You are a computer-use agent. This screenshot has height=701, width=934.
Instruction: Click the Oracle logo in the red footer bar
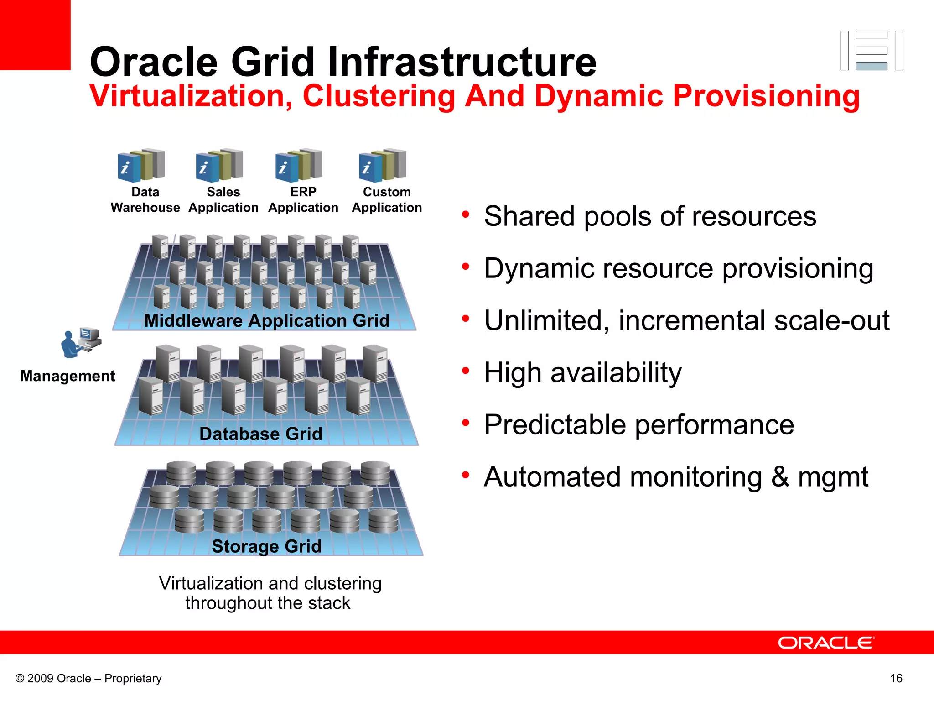[x=826, y=643]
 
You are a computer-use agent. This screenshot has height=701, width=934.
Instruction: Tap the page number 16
[x=896, y=678]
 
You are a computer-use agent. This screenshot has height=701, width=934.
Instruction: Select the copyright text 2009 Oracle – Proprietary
[x=89, y=678]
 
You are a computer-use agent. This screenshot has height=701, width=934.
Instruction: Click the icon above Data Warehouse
[x=141, y=165]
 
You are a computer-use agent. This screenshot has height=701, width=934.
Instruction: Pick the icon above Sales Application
[x=219, y=165]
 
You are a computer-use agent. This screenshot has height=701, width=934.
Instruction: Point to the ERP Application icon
[x=299, y=165]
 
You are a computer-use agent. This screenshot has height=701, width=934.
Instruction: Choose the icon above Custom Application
[x=382, y=165]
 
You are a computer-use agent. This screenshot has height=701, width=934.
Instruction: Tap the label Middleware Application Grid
[x=267, y=320]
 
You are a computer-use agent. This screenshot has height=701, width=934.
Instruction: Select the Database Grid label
[x=261, y=434]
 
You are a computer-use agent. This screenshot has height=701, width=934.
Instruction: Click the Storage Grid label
[x=267, y=546]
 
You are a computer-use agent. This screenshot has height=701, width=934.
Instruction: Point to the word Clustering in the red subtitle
[x=379, y=96]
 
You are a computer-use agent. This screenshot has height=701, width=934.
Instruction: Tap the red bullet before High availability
[x=465, y=371]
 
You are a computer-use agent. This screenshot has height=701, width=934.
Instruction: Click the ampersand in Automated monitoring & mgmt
[x=780, y=476]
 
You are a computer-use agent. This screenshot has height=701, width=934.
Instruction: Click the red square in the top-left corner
[x=35, y=35]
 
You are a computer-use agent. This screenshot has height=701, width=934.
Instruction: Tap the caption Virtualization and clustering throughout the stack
[x=270, y=593]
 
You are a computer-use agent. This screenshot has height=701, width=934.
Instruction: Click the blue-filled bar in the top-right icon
[x=872, y=66]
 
